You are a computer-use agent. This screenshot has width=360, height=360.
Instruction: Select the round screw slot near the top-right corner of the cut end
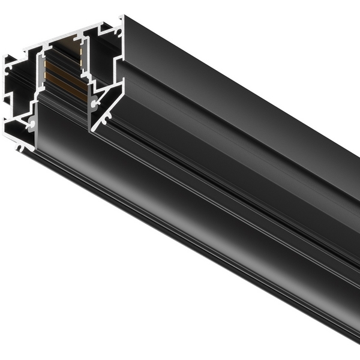118,32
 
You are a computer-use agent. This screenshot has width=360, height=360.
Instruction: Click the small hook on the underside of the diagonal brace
106,119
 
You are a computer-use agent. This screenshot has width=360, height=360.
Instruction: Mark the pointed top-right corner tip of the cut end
122,16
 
